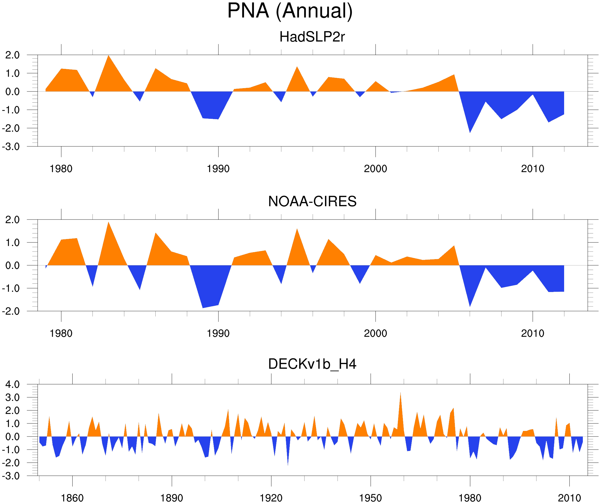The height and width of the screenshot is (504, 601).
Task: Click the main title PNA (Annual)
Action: point(290,11)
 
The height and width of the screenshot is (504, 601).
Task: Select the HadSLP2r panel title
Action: point(312,37)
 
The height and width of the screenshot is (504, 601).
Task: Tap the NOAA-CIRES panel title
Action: point(312,201)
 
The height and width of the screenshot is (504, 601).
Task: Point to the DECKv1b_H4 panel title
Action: point(312,364)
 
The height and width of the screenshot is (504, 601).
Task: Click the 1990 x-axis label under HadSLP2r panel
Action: point(218,169)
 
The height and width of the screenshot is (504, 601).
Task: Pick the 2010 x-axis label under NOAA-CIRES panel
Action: point(532,333)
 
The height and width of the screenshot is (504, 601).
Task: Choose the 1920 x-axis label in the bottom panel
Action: point(271,498)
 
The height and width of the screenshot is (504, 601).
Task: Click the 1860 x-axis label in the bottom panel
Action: point(72,498)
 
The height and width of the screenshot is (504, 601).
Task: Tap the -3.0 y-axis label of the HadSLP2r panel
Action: point(11,147)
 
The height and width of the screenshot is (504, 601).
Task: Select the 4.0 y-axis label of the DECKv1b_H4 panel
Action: point(12,384)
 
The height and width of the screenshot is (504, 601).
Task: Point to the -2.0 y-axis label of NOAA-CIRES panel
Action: point(11,311)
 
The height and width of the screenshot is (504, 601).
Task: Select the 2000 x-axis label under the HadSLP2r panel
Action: point(375,169)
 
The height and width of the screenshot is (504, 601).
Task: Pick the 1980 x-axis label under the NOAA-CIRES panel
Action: point(61,333)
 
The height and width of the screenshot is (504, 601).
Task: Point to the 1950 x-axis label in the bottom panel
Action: point(370,498)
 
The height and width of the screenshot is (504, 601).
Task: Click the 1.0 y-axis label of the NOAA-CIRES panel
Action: point(12,243)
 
